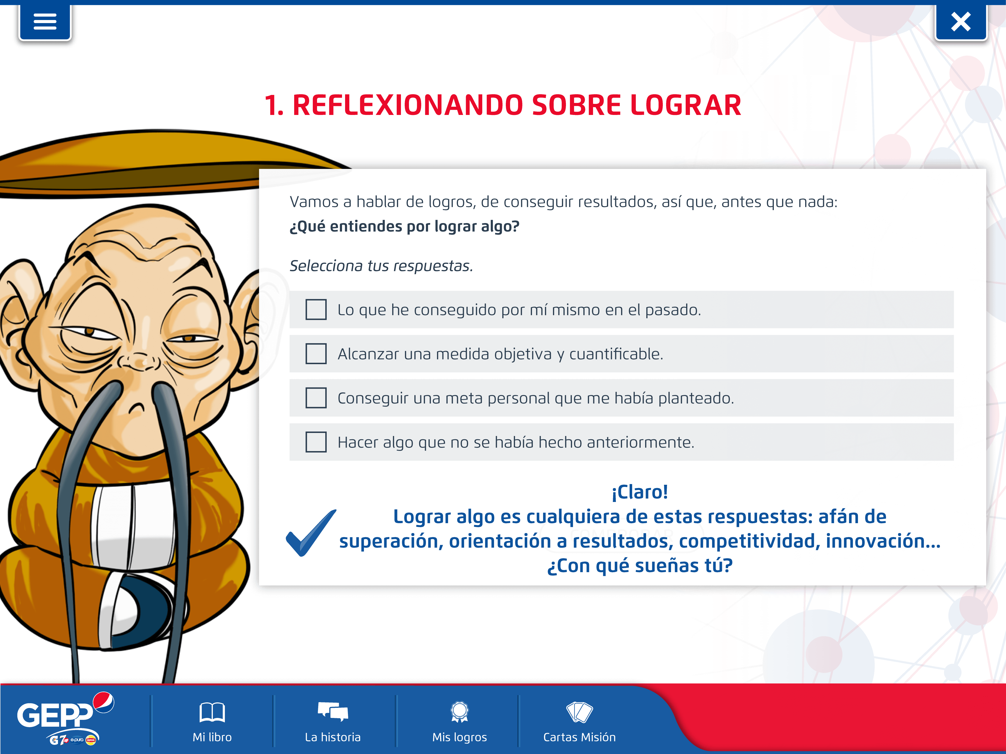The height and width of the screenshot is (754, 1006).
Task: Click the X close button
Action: click(961, 21)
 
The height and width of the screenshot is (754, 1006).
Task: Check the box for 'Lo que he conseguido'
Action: click(316, 310)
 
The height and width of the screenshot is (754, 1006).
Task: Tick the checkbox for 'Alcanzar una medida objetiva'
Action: click(316, 354)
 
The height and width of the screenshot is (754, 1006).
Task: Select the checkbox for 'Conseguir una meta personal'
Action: click(316, 398)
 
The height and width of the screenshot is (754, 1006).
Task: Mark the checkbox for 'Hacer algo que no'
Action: click(316, 442)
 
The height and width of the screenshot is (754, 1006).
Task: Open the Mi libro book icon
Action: click(212, 712)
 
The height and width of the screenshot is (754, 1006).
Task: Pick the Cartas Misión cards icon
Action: click(579, 712)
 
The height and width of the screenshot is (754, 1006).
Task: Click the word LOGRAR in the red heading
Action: click(686, 106)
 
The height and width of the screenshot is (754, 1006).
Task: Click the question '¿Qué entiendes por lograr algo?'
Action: click(404, 226)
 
